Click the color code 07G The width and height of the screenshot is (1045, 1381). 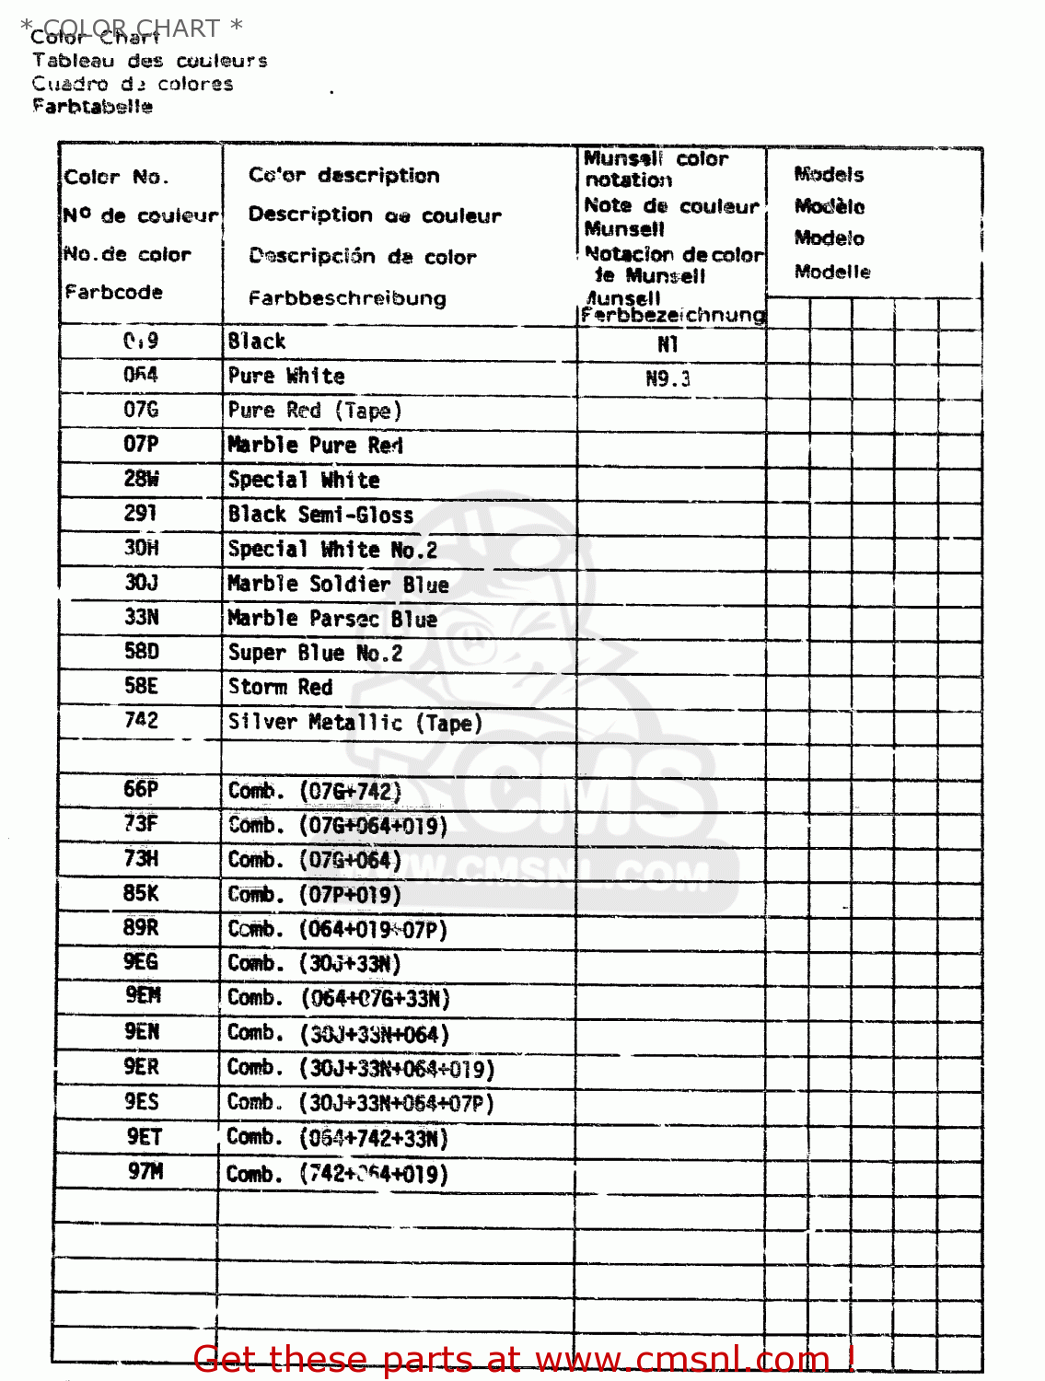pyautogui.click(x=141, y=410)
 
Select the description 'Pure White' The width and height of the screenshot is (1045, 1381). pyautogui.click(x=286, y=376)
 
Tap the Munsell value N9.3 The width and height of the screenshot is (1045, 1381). pyautogui.click(x=668, y=378)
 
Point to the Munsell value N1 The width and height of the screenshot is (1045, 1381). pyautogui.click(x=668, y=344)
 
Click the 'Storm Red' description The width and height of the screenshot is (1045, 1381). pyautogui.click(x=280, y=687)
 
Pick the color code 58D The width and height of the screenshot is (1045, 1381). pyautogui.click(x=141, y=652)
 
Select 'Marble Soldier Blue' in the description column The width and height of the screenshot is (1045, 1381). pyautogui.click(x=338, y=584)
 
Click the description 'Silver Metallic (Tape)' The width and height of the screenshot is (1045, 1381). pyautogui.click(x=354, y=723)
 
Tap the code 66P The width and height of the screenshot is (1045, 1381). pyautogui.click(x=141, y=790)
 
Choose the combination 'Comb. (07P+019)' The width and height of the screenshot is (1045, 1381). pyautogui.click(x=314, y=895)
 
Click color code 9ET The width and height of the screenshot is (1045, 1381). pyautogui.click(x=144, y=1137)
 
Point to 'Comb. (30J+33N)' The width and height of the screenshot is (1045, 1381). pyautogui.click(x=314, y=964)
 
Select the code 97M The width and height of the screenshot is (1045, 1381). pyautogui.click(x=145, y=1172)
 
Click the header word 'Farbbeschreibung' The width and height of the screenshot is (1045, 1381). pyautogui.click(x=347, y=298)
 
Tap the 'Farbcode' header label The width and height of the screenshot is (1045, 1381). pyautogui.click(x=113, y=292)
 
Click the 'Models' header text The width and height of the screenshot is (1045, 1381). pyautogui.click(x=829, y=174)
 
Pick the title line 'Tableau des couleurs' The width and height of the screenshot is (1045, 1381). pyautogui.click(x=149, y=61)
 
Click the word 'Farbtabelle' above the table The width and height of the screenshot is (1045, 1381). pyautogui.click(x=92, y=106)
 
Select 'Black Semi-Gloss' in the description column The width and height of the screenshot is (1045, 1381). pyautogui.click(x=320, y=515)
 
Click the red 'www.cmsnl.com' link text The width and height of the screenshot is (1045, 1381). pyautogui.click(x=682, y=1359)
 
